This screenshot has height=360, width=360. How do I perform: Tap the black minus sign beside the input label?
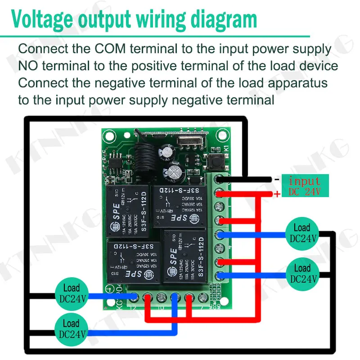coord(277,179)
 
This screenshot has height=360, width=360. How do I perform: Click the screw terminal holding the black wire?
coord(220,180)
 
